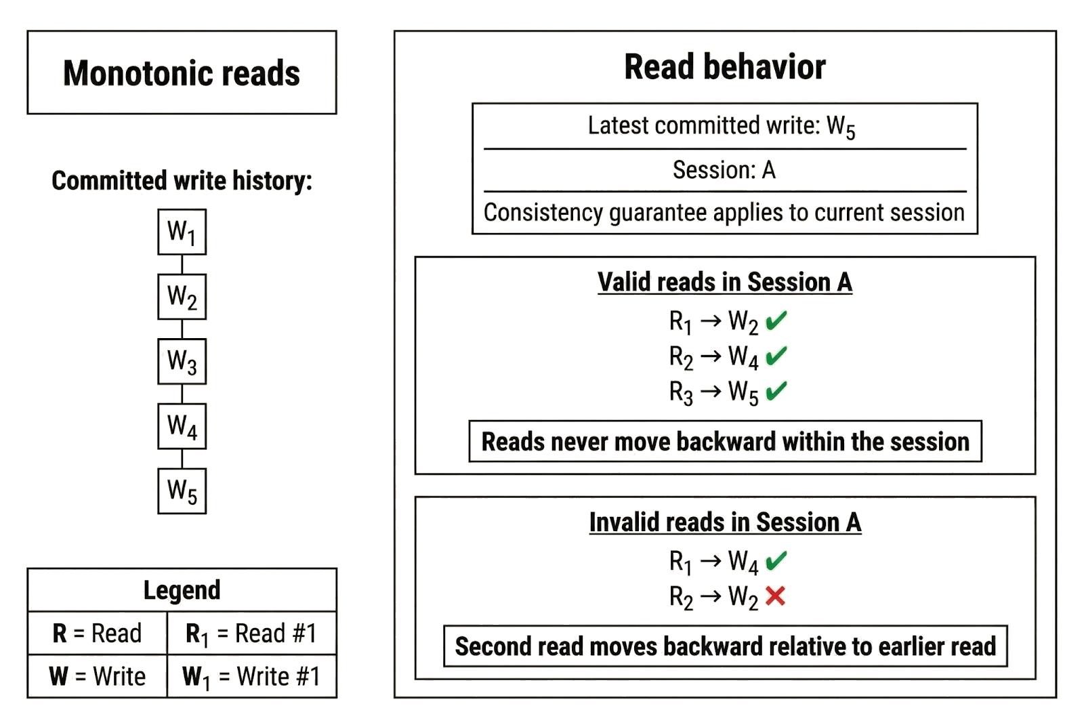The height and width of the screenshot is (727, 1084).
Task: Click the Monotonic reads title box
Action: point(182,73)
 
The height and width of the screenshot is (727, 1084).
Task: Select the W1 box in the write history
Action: point(182,232)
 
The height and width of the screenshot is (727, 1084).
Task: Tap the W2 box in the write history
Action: point(182,296)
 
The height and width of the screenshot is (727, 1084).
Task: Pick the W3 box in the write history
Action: point(182,360)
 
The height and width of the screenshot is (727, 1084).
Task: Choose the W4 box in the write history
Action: point(182,425)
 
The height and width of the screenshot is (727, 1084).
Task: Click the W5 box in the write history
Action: point(182,489)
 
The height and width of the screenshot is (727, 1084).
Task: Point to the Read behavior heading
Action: point(724,68)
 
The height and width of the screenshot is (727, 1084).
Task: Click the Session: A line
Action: point(724,169)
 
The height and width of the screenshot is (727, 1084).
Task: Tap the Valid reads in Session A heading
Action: point(724,282)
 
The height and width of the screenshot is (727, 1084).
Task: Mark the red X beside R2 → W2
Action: point(775,596)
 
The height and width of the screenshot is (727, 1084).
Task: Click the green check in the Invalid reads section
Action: point(776,560)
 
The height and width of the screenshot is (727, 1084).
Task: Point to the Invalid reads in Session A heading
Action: point(725,522)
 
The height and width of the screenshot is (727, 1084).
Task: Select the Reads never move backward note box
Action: point(725,442)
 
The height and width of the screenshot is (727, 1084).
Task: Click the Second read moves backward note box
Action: point(726,646)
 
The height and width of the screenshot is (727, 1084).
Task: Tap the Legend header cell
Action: point(182,590)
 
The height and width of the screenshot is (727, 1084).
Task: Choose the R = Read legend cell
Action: point(97,633)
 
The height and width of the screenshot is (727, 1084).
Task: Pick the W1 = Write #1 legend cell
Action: point(251,676)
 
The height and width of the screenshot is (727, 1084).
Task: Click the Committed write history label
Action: point(182,181)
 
